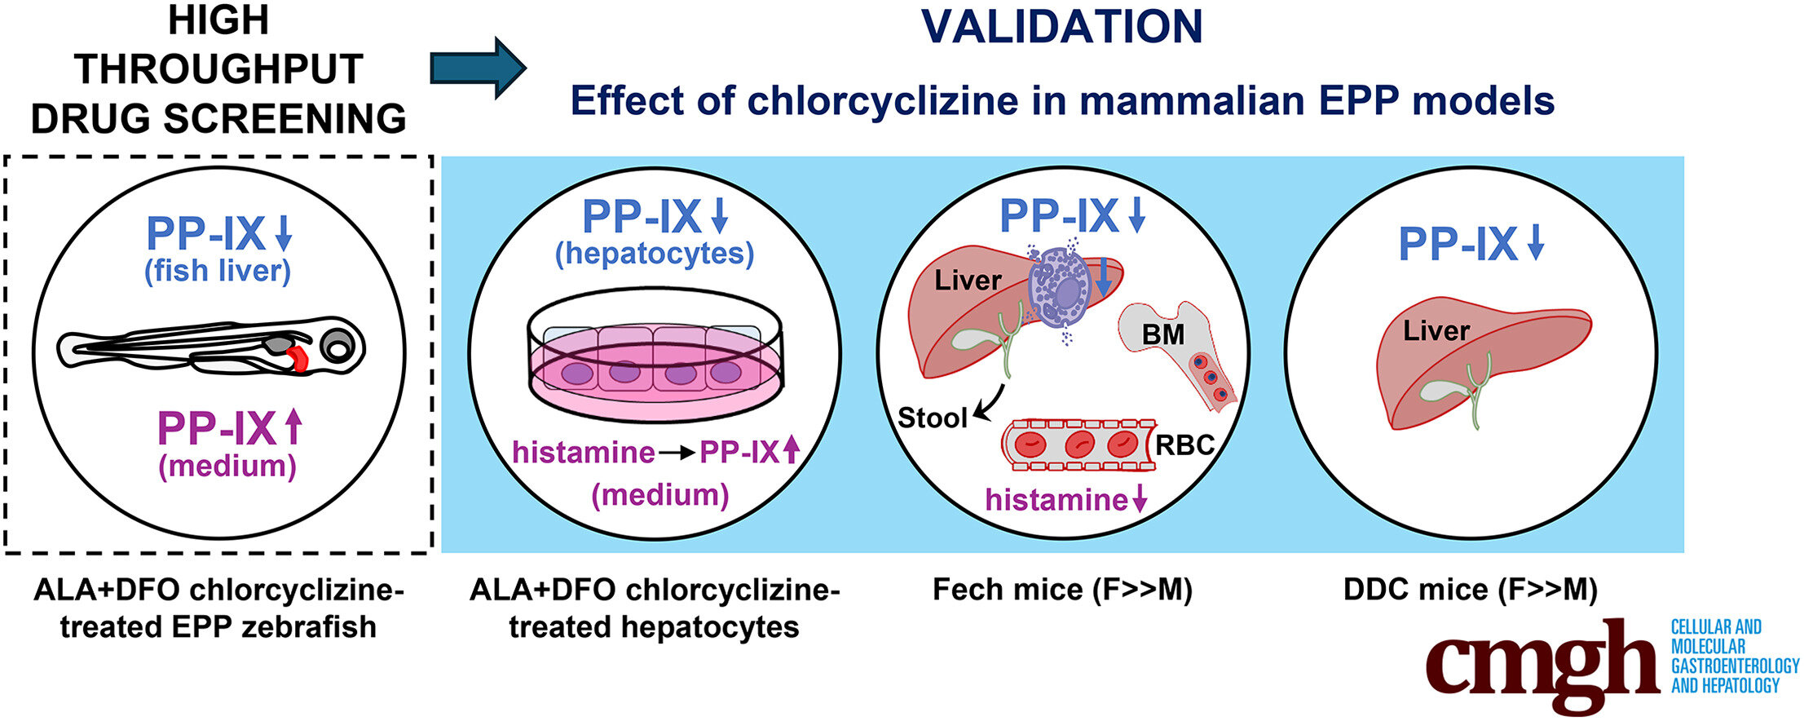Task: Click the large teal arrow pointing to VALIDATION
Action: [x=478, y=69]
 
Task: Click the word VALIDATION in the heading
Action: [x=1062, y=26]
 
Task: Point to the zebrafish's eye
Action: [x=336, y=347]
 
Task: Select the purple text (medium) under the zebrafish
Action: [x=227, y=466]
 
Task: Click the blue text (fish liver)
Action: [x=218, y=271]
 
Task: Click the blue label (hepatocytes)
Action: [x=655, y=254]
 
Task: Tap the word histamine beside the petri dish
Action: [x=584, y=452]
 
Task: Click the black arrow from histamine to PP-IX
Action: [x=677, y=453]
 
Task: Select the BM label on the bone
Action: [x=1163, y=334]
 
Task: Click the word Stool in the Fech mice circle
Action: [x=932, y=418]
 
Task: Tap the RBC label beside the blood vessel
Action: [x=1185, y=445]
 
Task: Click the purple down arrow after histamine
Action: [x=1140, y=498]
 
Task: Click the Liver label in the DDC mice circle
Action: [x=1436, y=330]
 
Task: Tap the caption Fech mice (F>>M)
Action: [x=1062, y=589]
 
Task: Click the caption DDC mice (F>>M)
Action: [x=1471, y=589]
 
